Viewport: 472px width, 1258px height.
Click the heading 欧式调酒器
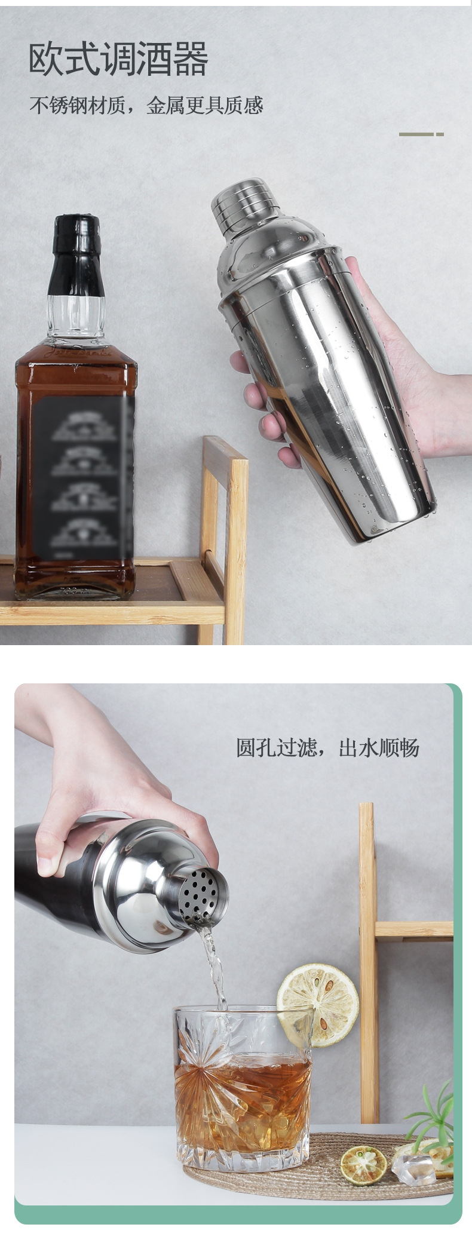point(118,59)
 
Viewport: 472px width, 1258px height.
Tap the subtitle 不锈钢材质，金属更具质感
point(146,106)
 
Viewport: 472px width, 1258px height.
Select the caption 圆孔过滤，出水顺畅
point(327,748)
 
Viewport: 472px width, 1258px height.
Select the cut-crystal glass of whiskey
point(242,1087)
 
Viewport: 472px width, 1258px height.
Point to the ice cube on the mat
point(413,1168)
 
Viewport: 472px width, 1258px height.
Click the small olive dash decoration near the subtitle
point(421,134)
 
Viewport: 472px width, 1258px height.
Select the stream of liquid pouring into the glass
point(214,962)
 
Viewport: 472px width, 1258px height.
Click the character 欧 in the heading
point(45,59)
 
